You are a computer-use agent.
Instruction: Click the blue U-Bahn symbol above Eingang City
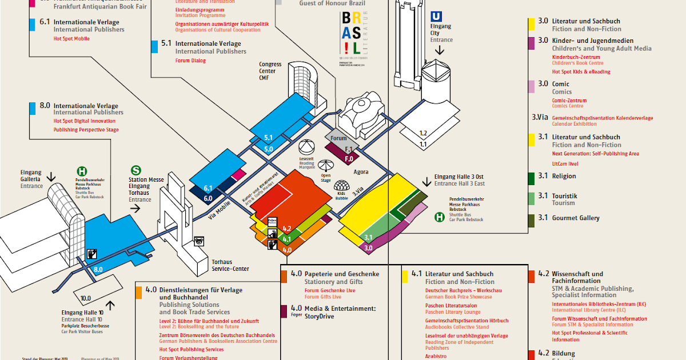click(x=438, y=17)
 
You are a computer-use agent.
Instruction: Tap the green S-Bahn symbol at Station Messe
click(x=136, y=170)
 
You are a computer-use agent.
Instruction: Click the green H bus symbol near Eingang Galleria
click(x=82, y=170)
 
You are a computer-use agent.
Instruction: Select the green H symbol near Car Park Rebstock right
click(x=440, y=217)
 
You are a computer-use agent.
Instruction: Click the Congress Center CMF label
click(x=270, y=71)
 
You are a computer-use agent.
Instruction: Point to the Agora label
click(x=361, y=171)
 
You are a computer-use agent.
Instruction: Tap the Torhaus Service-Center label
click(x=230, y=266)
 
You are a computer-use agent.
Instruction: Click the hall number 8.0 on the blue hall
click(x=98, y=269)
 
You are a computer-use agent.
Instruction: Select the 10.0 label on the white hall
click(x=86, y=298)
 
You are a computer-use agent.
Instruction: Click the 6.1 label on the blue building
click(x=208, y=188)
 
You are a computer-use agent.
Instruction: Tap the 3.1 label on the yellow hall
click(x=368, y=237)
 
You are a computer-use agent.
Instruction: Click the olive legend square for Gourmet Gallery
click(x=532, y=219)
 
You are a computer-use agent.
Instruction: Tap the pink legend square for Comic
click(x=532, y=86)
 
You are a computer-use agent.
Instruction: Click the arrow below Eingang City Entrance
click(x=440, y=50)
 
